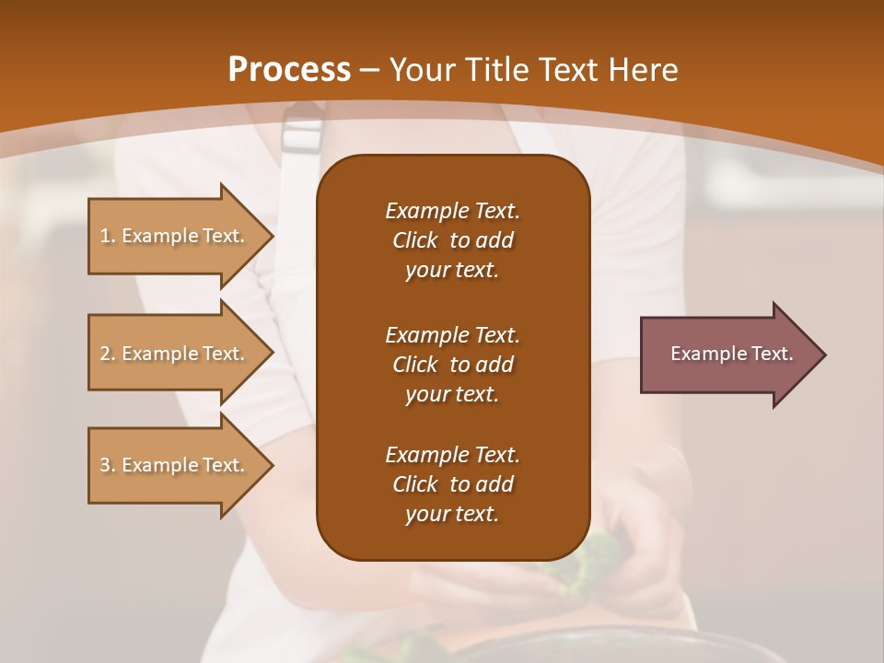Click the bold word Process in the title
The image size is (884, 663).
pos(289,69)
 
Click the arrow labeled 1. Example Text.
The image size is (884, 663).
pos(171,236)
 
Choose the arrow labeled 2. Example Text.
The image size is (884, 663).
pos(171,354)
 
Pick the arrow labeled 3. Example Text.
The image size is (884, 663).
pos(171,465)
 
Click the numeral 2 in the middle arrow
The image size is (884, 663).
pos(105,354)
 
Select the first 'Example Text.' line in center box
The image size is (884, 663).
pos(452,211)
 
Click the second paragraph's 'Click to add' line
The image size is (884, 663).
pos(452,365)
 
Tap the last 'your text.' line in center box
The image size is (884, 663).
pos(452,515)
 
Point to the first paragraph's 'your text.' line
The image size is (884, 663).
pos(452,271)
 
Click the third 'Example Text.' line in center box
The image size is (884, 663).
pos(452,455)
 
